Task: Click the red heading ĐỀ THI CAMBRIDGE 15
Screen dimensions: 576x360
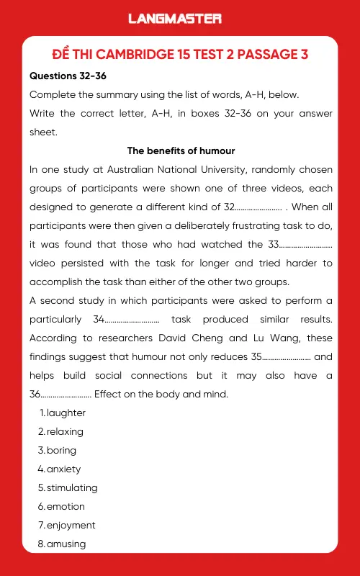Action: point(180,55)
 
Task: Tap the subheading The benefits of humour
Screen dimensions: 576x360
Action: point(181,150)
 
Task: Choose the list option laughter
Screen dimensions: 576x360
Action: point(66,413)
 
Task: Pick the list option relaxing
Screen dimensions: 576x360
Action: point(65,432)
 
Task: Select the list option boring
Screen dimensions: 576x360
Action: point(61,451)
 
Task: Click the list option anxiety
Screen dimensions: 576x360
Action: point(63,469)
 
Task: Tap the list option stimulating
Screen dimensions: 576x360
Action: point(72,487)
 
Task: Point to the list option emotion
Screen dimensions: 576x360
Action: point(66,506)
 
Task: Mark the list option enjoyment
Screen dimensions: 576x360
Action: point(71,525)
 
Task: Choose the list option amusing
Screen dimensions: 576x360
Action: point(66,544)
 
